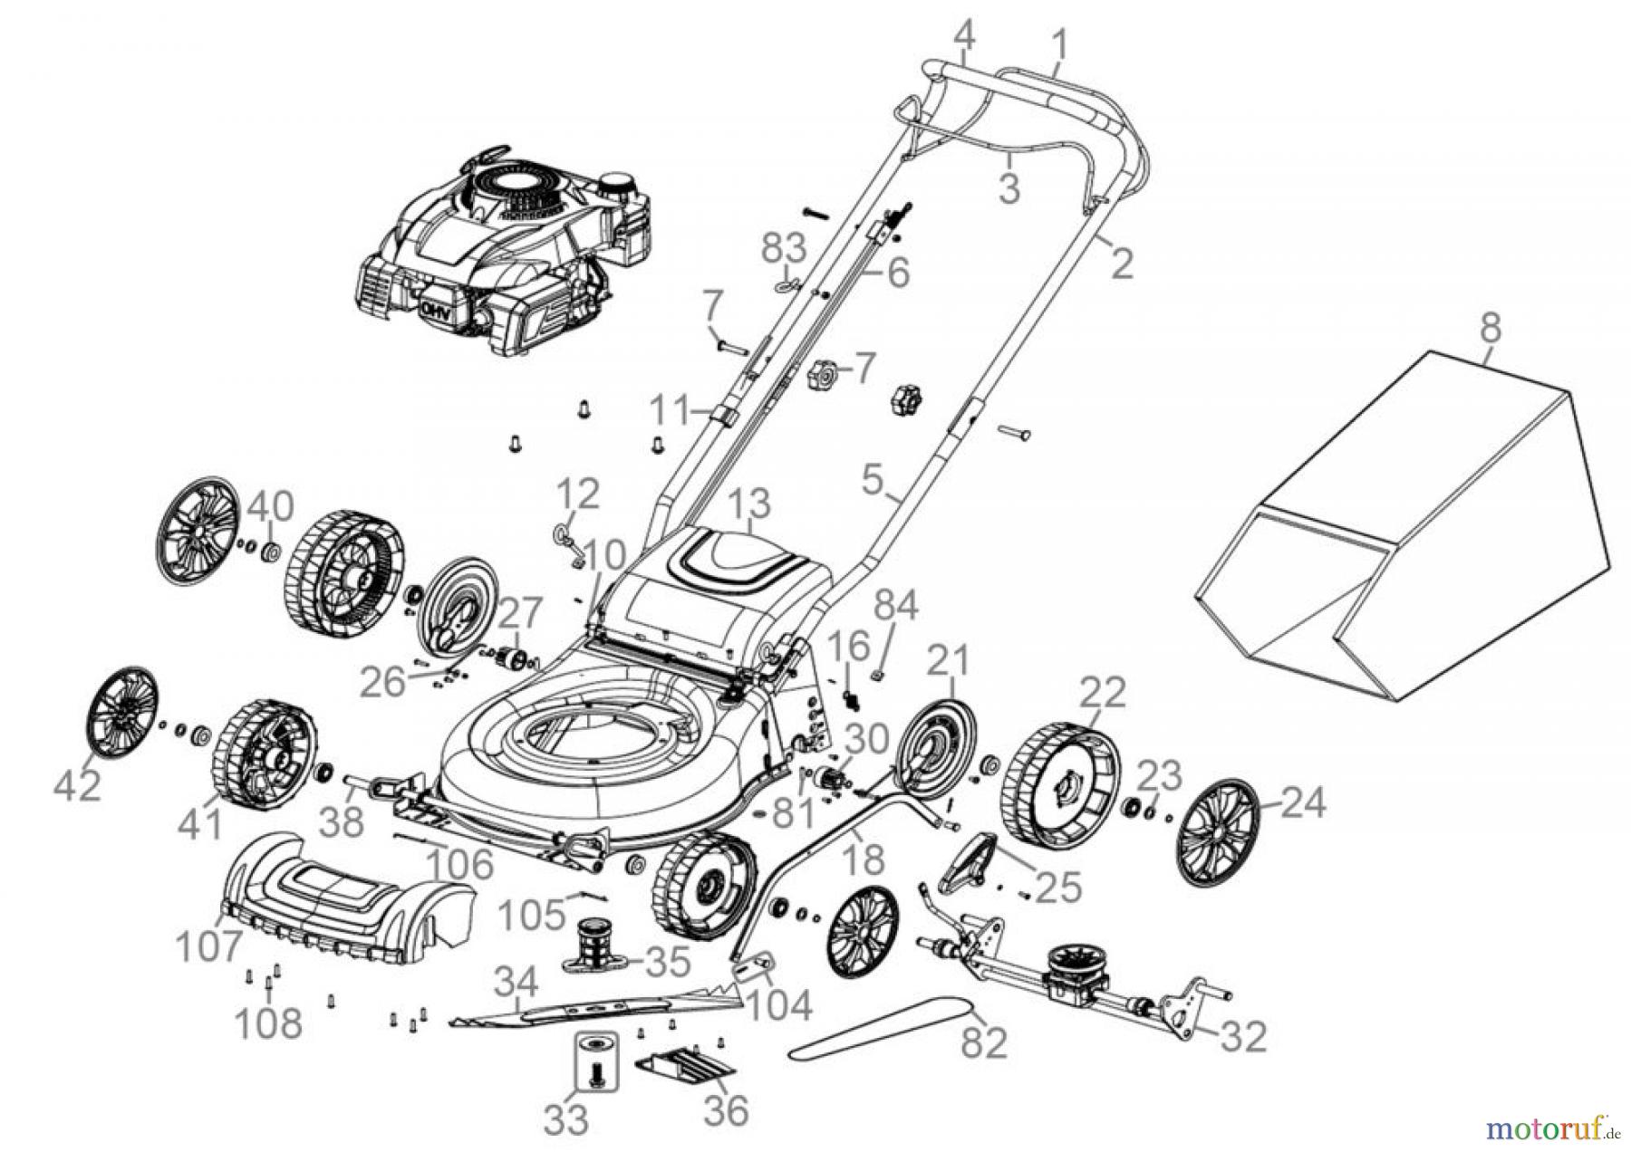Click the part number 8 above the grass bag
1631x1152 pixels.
point(1491,327)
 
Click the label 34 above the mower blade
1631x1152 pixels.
point(517,982)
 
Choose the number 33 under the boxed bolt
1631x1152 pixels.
point(566,1119)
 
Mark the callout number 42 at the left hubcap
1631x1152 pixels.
point(78,786)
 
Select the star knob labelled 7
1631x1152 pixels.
point(823,372)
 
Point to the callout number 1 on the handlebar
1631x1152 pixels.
point(1059,43)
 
